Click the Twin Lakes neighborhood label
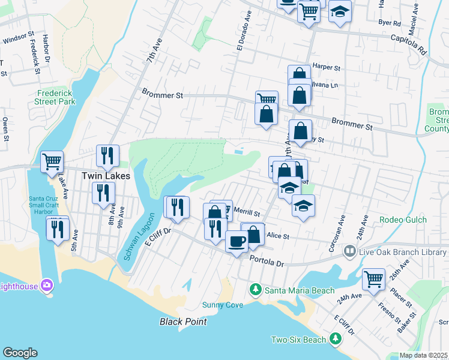point(99,176)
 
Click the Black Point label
point(183,322)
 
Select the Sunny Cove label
point(223,305)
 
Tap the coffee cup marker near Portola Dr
point(237,241)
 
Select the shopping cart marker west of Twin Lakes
point(52,161)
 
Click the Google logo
point(20,353)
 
